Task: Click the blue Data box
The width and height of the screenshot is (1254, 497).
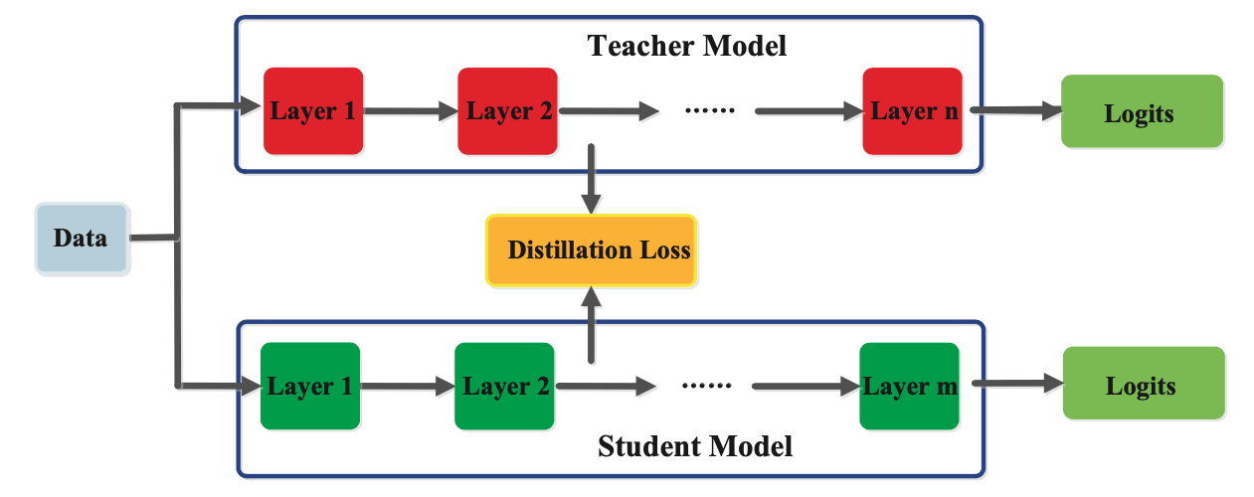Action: pos(82,239)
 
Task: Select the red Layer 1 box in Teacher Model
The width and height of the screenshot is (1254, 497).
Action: pos(313,110)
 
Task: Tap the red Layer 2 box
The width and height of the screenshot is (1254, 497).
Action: pos(508,110)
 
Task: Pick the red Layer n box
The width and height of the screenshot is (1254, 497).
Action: pos(912,110)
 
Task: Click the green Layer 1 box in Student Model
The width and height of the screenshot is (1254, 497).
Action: pos(310,386)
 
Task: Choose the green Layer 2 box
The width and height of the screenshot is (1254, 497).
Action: pos(504,386)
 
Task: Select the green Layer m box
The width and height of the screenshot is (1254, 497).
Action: pos(909,386)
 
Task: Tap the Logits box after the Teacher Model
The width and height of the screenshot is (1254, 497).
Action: pos(1141,112)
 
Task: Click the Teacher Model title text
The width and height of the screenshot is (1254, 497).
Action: pos(686,46)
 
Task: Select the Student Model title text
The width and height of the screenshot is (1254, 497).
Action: pos(695,447)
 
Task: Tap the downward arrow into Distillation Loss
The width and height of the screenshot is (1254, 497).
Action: pos(592,179)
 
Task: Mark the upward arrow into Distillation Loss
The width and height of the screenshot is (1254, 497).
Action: pos(592,323)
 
